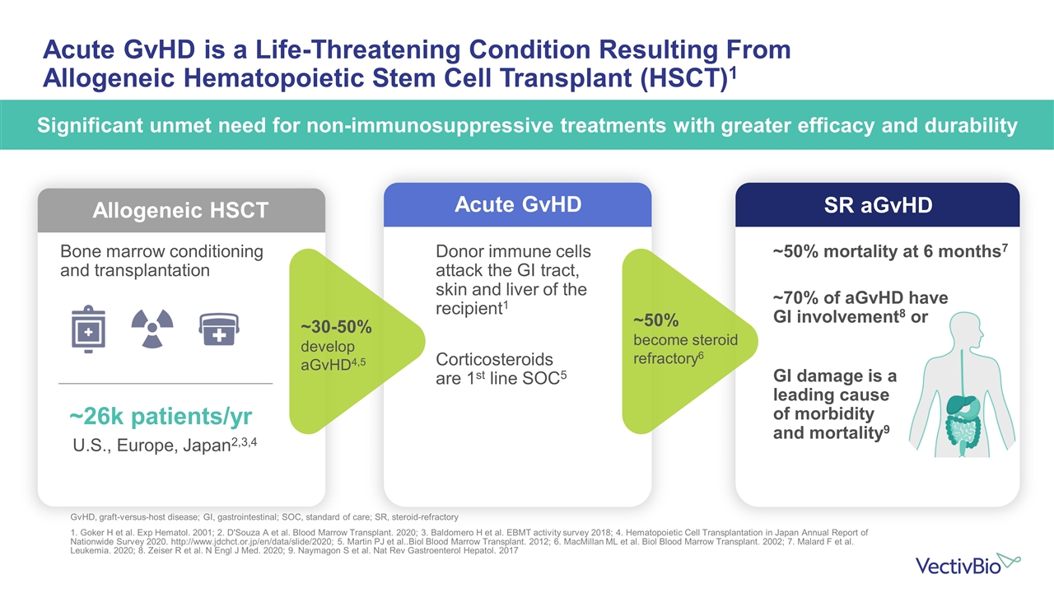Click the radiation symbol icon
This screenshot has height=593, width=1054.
coord(152,329)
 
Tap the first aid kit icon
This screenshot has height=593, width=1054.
coord(219,330)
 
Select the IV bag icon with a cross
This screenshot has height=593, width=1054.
coord(86,331)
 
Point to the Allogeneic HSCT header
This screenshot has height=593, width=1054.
coord(181,210)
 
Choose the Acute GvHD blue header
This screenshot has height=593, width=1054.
coord(518,204)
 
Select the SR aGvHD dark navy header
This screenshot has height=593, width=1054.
coord(877,204)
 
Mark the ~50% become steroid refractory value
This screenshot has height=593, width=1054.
coord(656,320)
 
